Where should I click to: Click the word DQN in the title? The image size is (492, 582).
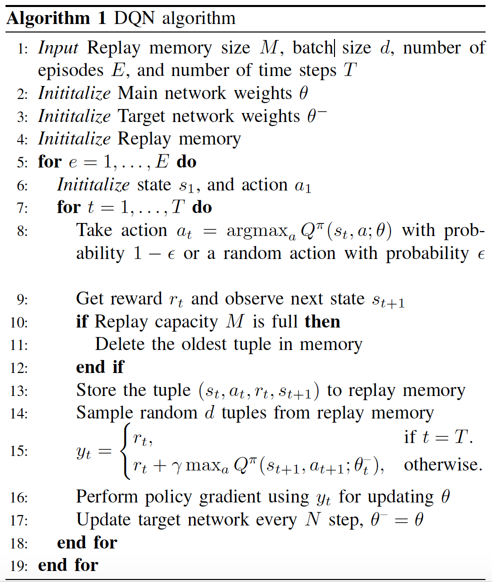click(x=134, y=18)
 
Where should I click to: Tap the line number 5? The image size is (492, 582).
click(x=22, y=162)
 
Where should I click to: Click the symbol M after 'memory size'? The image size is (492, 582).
click(x=269, y=47)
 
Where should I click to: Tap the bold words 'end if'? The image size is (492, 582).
click(x=100, y=367)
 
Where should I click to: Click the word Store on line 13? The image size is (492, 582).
click(x=96, y=390)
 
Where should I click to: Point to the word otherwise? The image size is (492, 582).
click(x=443, y=464)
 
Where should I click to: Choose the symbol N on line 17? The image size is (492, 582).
click(x=313, y=519)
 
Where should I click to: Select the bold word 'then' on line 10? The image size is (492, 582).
click(x=322, y=321)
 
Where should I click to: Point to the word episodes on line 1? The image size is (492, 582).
click(x=70, y=71)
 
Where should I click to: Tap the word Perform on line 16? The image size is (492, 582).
click(x=107, y=496)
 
